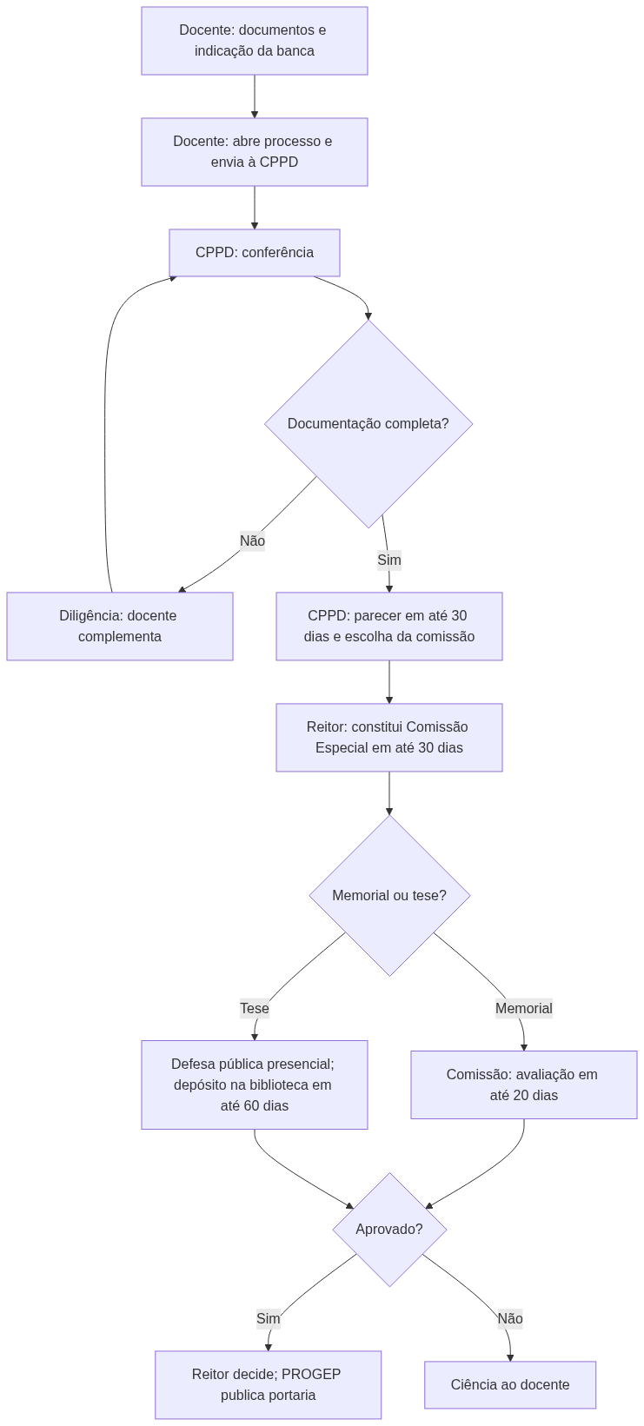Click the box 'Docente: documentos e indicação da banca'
point(254,41)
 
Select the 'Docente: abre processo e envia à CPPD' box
point(254,151)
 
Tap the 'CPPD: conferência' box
point(254,253)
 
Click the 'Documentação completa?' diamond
point(368,423)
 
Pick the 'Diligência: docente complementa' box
point(120,626)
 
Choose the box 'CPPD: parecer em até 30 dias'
point(389,626)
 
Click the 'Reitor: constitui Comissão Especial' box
point(389,737)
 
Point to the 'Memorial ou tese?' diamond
point(389,895)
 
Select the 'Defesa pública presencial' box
point(254,1084)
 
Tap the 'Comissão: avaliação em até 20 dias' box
point(523,1084)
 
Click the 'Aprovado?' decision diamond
point(389,1230)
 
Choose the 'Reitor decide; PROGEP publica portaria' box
point(269,1384)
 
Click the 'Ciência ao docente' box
point(510,1384)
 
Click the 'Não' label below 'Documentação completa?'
point(252,541)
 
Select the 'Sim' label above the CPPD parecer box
point(389,560)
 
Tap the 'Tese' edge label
point(254,1008)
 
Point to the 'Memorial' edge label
point(523,1008)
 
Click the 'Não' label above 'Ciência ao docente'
point(510,1318)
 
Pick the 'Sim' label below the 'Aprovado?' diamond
point(269,1318)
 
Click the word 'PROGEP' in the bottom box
point(311,1375)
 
